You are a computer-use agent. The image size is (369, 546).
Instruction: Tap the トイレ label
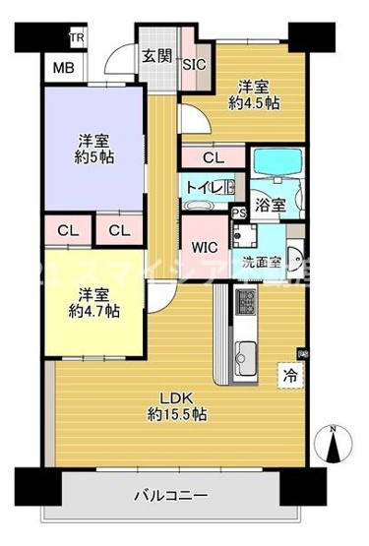tap(203, 184)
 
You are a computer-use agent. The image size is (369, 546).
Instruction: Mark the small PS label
tap(237, 212)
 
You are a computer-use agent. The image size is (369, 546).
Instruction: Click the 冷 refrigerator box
tap(291, 375)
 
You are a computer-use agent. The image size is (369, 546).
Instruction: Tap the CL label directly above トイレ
tap(213, 156)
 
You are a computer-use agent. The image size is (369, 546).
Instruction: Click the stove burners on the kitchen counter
tap(245, 300)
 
